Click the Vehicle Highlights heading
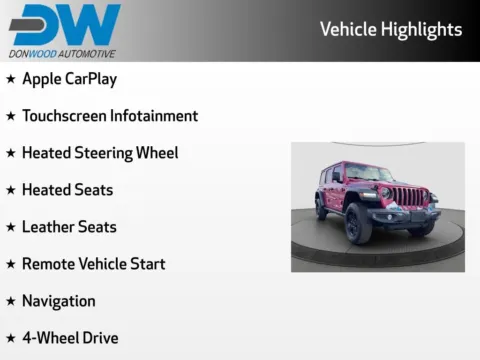(x=390, y=29)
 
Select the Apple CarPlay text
(x=69, y=79)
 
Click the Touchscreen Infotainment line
(x=110, y=116)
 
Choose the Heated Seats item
(x=67, y=190)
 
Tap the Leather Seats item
(x=69, y=227)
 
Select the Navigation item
(x=59, y=301)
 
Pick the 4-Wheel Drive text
(x=70, y=338)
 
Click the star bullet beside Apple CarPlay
(x=11, y=79)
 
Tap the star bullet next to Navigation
(x=11, y=301)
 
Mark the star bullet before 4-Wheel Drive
(x=11, y=338)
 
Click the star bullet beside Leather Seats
(x=11, y=227)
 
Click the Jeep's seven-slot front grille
(x=405, y=195)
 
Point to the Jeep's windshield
(x=381, y=172)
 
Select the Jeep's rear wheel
(x=321, y=208)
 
